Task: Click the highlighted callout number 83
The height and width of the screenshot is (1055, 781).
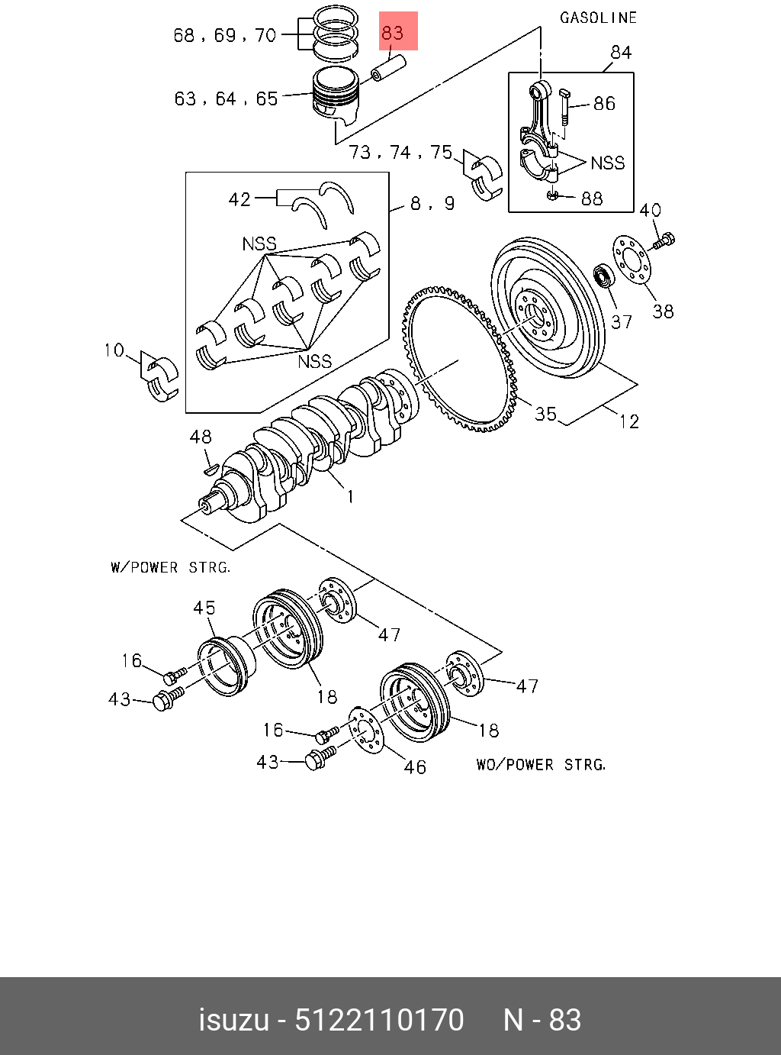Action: tap(393, 33)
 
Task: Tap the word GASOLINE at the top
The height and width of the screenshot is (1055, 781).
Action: tap(598, 18)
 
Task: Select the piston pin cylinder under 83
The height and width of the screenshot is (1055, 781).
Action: tap(389, 68)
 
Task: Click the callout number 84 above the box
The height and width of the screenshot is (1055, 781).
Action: tap(621, 53)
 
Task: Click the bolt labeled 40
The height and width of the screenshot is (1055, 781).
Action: tap(664, 240)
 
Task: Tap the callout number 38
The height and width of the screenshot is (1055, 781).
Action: tap(663, 312)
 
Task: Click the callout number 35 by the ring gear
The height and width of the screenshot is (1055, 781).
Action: tap(545, 413)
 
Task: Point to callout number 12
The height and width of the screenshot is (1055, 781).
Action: tap(629, 421)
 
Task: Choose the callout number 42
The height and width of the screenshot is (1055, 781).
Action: tap(239, 199)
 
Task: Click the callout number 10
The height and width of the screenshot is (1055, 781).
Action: tap(114, 350)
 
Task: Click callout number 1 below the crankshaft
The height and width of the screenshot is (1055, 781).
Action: tap(350, 496)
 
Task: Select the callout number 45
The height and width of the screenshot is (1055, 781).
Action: tap(204, 608)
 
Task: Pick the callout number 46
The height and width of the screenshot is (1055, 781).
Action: tap(415, 766)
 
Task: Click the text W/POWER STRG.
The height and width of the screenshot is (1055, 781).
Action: tap(171, 567)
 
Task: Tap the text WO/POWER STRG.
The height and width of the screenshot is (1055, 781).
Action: tap(541, 764)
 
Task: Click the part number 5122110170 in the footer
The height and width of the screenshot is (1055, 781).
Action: tap(379, 1020)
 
